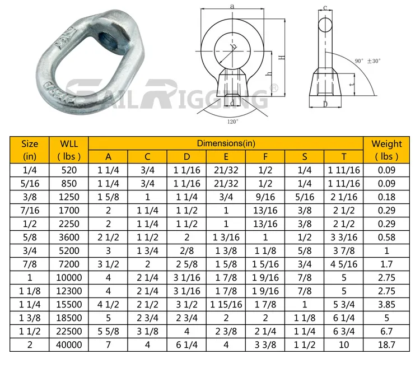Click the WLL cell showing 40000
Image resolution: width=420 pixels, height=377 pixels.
pyautogui.click(x=69, y=345)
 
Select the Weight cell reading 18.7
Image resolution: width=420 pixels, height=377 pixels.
pyautogui.click(x=386, y=345)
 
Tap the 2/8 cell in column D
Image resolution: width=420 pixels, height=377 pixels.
pyautogui.click(x=187, y=250)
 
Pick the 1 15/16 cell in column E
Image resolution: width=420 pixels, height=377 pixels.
pyautogui.click(x=226, y=304)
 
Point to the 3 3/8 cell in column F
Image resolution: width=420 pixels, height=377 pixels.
pyautogui.click(x=265, y=345)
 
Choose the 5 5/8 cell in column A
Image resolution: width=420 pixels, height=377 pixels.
pyautogui.click(x=109, y=331)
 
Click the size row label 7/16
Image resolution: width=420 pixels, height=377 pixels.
pyautogui.click(x=30, y=210)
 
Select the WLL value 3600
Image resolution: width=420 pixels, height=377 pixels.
pyautogui.click(x=69, y=237)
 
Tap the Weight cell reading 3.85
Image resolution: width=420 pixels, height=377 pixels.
pyautogui.click(x=386, y=304)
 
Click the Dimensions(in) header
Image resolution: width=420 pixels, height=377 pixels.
pyautogui.click(x=226, y=143)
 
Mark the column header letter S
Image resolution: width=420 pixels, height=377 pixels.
pyautogui.click(x=305, y=157)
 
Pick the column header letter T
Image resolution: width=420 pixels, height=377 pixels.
pyautogui.click(x=344, y=157)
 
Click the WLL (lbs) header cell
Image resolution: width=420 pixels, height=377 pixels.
pyautogui.click(x=69, y=150)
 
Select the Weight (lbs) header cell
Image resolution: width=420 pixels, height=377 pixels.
pyautogui.click(x=386, y=150)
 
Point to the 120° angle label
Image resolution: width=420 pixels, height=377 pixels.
pyautogui.click(x=232, y=120)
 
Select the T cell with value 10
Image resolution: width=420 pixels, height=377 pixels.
pyautogui.click(x=344, y=345)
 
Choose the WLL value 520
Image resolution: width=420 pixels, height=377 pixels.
pyautogui.click(x=69, y=170)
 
